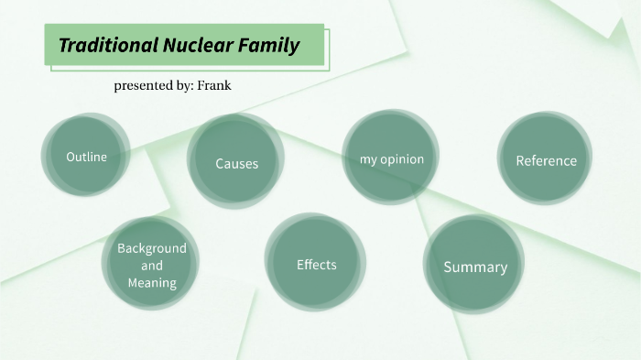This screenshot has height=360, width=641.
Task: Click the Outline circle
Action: coord(86,157)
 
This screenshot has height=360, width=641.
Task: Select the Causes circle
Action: coord(236,163)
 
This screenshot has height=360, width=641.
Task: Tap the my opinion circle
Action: coord(391,159)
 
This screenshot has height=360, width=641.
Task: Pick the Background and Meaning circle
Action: coord(151,265)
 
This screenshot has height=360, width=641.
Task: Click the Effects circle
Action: coord(316,264)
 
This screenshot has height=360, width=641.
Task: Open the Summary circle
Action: coord(474,267)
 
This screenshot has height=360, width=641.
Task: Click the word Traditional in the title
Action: coord(105,45)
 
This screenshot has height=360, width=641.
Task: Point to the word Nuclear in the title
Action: coord(198,45)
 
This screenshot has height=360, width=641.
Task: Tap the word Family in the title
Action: coord(271,45)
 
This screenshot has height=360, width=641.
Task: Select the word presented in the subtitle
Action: coord(145,85)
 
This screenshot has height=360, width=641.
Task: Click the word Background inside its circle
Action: coord(151,248)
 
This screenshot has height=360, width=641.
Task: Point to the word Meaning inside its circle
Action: coord(151,282)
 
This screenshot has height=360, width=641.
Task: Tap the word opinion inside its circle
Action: coord(403,159)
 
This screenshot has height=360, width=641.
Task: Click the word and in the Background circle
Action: coord(151,266)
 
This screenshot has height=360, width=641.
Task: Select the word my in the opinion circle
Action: coord(368,159)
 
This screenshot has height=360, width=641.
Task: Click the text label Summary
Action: coord(474,267)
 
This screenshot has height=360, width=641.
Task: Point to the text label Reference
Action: coord(546,161)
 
